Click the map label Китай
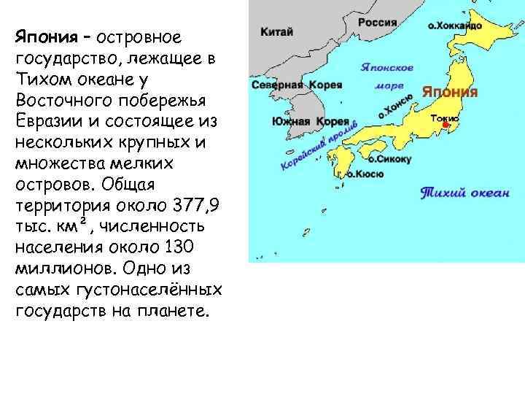click(278, 31)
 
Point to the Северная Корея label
click(297, 85)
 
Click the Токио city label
click(445, 117)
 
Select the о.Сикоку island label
click(390, 158)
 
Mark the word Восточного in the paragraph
click(56, 99)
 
